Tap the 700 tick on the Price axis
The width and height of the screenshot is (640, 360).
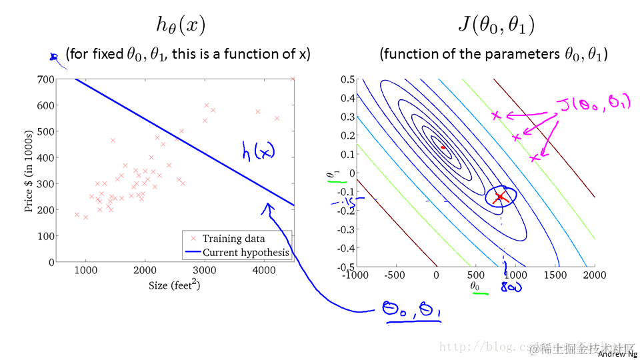point(46,79)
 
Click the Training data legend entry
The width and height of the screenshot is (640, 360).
point(233,239)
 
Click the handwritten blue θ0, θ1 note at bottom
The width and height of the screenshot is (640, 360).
point(412,311)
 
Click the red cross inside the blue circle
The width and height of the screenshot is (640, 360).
point(500,197)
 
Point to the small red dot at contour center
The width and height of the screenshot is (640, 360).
point(442,147)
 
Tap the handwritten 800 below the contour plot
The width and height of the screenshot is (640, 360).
point(511,287)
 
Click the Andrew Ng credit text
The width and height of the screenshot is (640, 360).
point(617,354)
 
